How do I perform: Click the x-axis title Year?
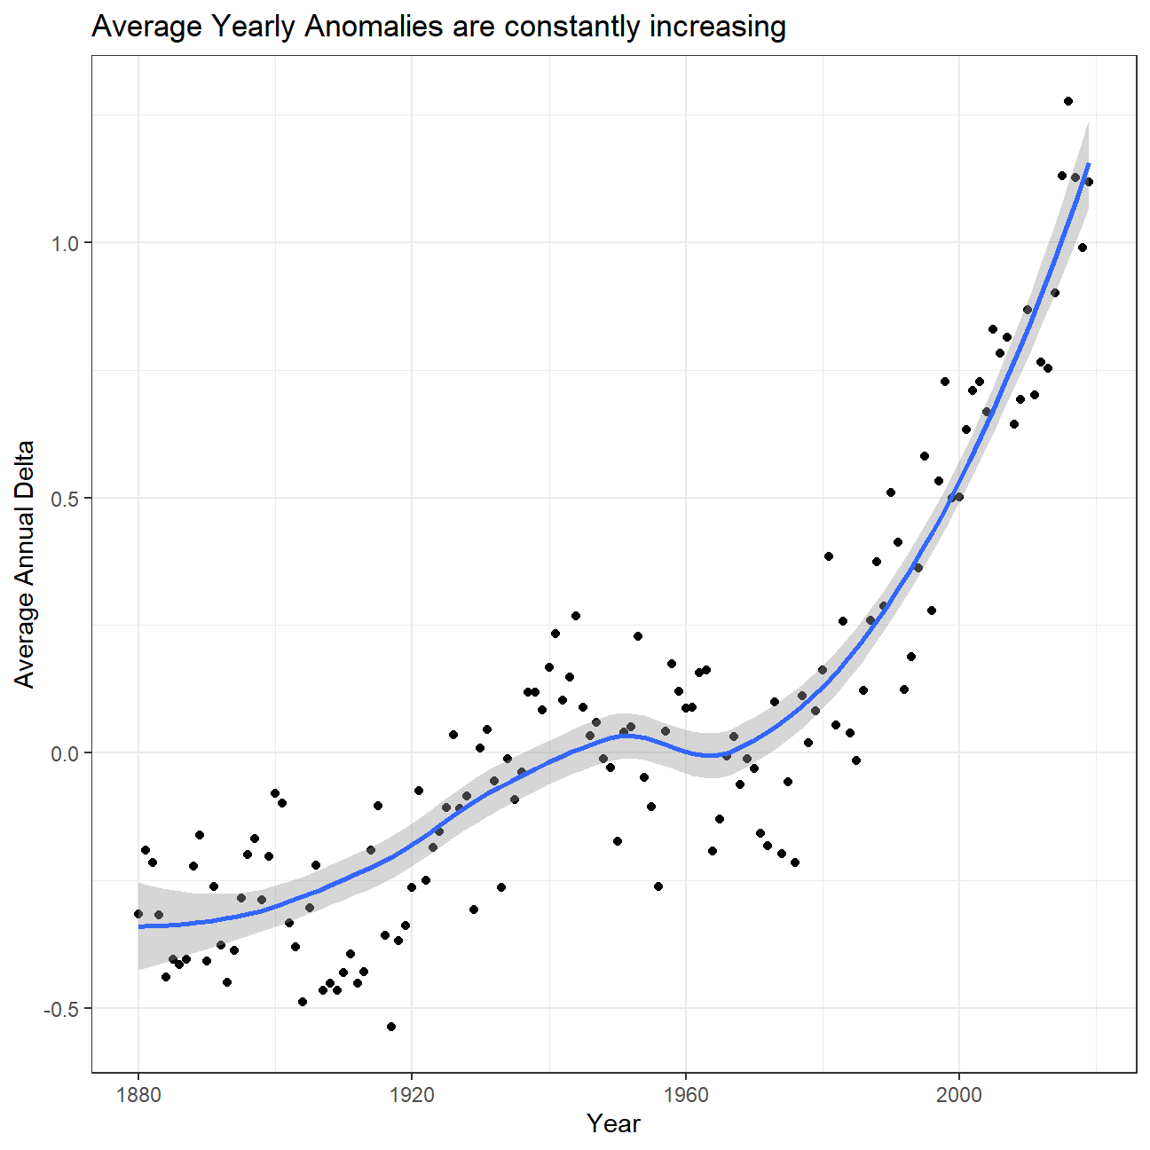point(613,1124)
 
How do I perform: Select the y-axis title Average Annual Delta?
point(25,564)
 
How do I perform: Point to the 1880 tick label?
point(138,1094)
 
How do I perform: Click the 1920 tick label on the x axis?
point(412,1094)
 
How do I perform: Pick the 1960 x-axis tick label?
point(686,1094)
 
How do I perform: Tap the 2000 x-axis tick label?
point(959,1094)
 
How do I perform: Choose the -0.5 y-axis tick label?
point(59,1008)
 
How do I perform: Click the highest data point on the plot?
point(1068,101)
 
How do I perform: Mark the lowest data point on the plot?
point(391,1027)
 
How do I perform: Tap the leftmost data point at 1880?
point(138,914)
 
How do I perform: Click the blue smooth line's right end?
point(1089,164)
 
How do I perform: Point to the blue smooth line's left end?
point(139,926)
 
